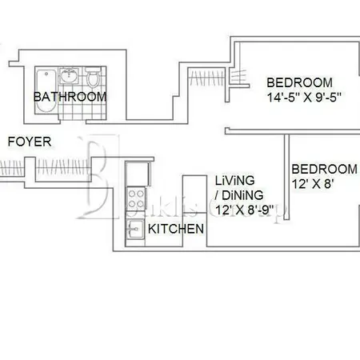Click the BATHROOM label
click(x=70, y=97)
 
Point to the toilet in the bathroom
click(x=94, y=78)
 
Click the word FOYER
click(x=30, y=142)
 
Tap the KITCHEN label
click(x=176, y=229)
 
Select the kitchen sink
click(x=134, y=229)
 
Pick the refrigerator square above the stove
click(x=134, y=172)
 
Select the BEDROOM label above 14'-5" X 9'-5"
click(x=299, y=82)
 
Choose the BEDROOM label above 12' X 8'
click(x=324, y=169)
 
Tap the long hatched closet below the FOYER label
click(x=11, y=168)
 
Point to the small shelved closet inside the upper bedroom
click(x=235, y=74)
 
